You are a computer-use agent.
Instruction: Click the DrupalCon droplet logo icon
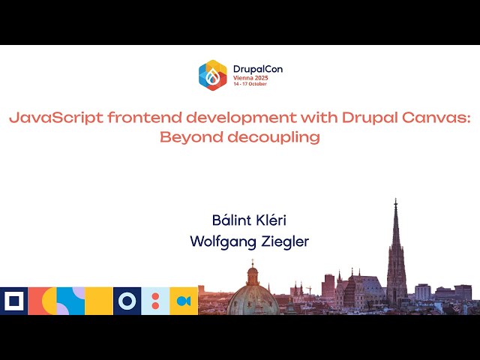212,75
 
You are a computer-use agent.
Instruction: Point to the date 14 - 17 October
250,83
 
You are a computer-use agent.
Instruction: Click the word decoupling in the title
268,137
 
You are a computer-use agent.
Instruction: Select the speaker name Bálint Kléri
249,220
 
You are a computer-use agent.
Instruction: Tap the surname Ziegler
283,241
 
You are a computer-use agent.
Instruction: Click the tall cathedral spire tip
395,202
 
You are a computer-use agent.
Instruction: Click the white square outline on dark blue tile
13,301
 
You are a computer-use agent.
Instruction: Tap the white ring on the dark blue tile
127,301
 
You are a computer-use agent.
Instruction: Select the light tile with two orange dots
155,301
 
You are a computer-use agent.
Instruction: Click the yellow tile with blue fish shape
184,301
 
